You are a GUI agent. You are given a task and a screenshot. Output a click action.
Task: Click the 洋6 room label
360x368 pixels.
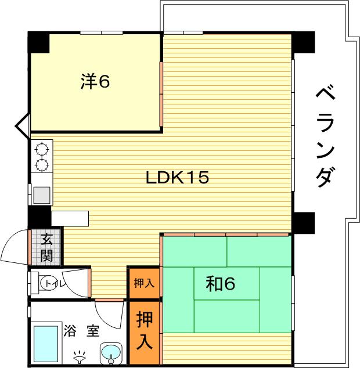pos(95,81)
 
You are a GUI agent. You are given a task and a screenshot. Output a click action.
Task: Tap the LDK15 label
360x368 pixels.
pos(177,177)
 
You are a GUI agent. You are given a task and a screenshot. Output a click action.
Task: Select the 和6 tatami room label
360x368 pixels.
pos(220,283)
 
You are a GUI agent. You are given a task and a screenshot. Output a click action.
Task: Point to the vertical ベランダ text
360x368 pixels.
pos(325,137)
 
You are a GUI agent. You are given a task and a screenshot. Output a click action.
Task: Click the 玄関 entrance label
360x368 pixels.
pos(46,247)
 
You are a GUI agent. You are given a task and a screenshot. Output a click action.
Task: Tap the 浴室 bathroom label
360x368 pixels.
pos(81,331)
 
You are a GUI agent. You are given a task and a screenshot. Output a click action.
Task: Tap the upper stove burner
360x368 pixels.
pos(42,149)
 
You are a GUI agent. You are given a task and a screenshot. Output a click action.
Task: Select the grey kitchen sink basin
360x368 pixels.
pos(42,195)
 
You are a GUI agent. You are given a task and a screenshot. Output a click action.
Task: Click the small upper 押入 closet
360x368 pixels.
pos(144,283)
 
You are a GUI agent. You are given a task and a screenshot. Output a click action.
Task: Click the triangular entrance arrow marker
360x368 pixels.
pos(23,126)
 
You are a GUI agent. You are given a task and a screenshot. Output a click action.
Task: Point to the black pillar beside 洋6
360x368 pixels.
pos(39,42)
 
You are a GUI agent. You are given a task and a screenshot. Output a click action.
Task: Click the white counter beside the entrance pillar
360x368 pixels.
pos(70,218)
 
